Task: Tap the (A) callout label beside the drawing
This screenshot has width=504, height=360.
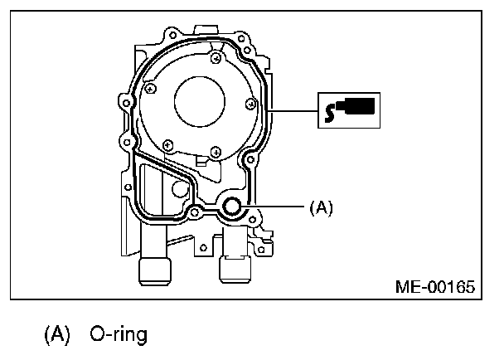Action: [320, 208]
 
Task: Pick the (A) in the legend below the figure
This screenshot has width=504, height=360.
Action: [58, 335]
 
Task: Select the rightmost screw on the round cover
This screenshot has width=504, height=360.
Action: [250, 105]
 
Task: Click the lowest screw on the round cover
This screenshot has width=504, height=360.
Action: [215, 150]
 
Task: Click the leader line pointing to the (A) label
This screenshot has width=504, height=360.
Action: [274, 206]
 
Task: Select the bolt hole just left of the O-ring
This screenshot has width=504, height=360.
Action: [195, 213]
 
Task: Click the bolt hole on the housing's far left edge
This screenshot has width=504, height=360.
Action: [125, 135]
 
